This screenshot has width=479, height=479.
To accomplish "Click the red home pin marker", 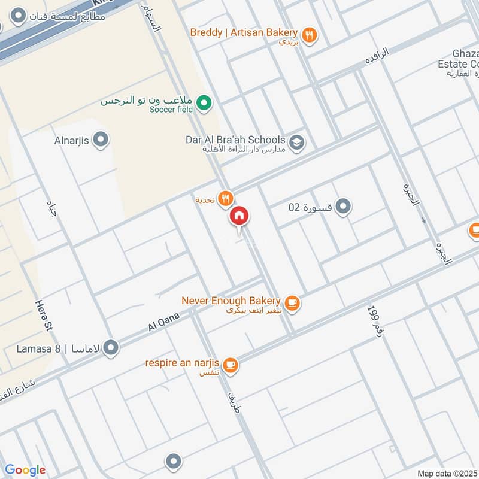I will click(x=239, y=216).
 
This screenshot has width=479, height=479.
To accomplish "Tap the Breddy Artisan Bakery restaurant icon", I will click(x=309, y=35).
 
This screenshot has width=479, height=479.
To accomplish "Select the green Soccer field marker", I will click(x=204, y=105).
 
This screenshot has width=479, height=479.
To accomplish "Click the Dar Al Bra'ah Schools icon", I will click(x=296, y=143).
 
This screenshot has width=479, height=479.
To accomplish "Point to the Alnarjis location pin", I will click(x=101, y=141).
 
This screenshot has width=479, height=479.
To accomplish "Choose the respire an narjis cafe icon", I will click(x=230, y=364).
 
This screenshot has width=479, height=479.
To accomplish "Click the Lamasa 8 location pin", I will click(x=111, y=347).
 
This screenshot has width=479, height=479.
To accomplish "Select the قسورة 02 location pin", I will click(x=342, y=207).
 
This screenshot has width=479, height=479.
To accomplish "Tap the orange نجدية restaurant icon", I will click(x=225, y=199).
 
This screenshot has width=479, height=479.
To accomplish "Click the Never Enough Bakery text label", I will click(x=231, y=301).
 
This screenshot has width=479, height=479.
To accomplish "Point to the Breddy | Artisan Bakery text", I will click(x=244, y=32).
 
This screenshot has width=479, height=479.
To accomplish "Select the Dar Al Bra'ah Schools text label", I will click(x=235, y=140).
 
